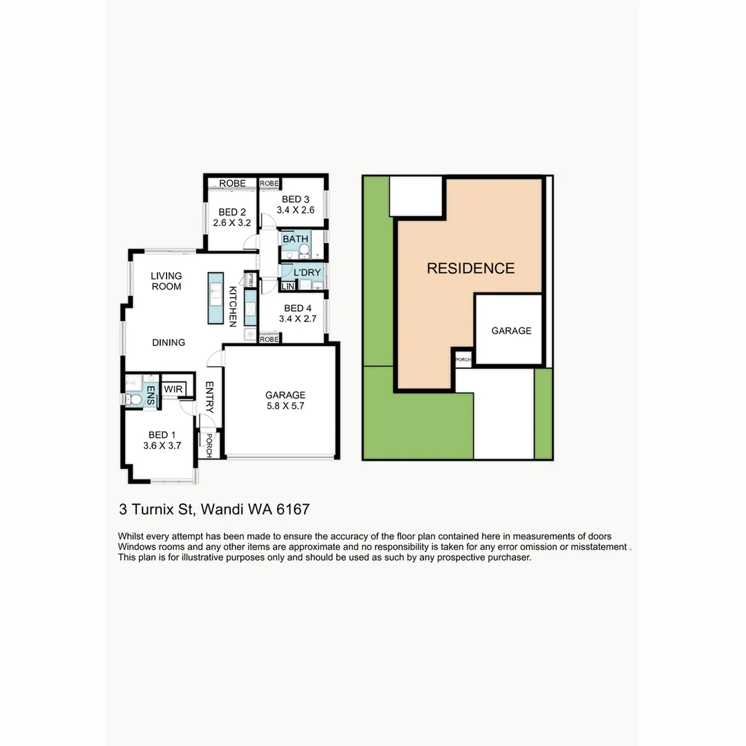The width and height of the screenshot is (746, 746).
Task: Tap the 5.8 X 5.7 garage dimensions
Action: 285,406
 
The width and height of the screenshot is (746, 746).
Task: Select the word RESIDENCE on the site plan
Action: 470,269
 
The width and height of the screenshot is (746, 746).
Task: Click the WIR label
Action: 173,390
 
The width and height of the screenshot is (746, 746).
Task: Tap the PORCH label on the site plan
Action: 463,360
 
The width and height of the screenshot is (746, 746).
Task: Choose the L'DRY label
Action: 304,273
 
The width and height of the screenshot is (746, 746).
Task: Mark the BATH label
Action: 295,239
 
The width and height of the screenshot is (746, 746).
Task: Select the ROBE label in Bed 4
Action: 269,339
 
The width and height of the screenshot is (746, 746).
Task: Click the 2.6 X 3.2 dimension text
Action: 231,222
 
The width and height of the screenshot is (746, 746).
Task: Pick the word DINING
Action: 169,342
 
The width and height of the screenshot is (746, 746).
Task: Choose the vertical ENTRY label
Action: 209,398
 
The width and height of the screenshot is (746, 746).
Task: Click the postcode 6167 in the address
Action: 292,510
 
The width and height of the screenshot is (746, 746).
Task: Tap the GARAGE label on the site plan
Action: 511,331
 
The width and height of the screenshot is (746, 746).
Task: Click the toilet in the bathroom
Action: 304,254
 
